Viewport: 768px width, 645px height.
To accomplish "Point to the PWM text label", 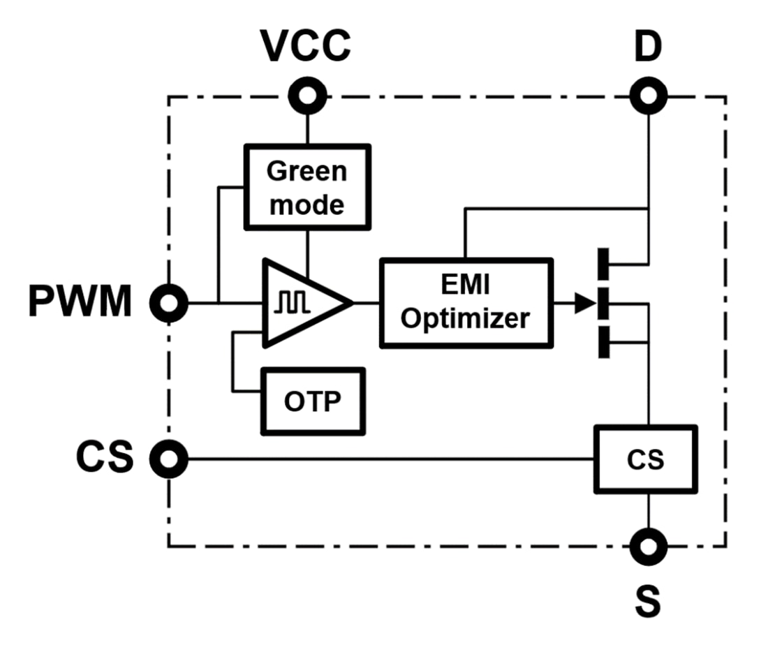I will pos(80,303).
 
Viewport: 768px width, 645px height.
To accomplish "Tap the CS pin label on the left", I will pos(104,459).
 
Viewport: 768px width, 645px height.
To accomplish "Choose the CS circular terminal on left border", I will pos(168,459).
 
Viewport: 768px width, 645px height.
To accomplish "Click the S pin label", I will pos(648,602).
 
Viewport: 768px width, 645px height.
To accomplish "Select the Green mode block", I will pos(307,187).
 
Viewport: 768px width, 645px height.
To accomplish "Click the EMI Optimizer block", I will pos(466,303).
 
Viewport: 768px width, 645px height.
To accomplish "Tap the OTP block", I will pos(313,401).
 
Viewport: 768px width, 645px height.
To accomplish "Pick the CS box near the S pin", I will pos(645,459).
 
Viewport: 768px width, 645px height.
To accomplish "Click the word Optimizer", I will pos(466,318).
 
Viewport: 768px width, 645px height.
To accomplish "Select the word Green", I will pos(307,171).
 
